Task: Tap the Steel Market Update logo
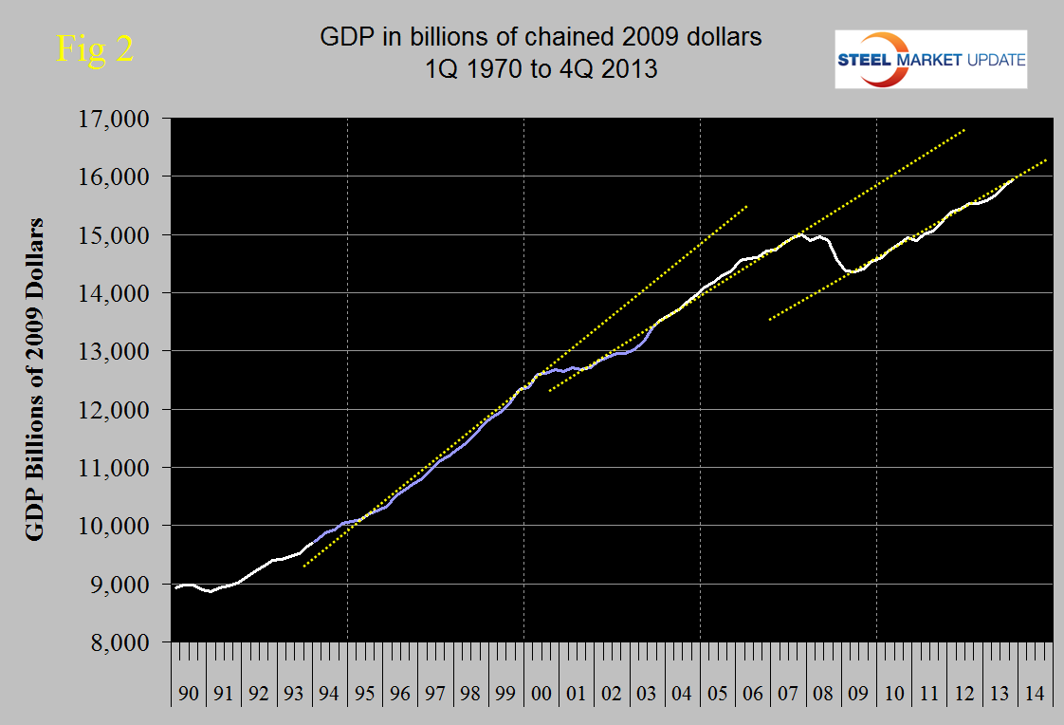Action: (930, 60)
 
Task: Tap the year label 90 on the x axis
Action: (189, 695)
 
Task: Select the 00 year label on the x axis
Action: (541, 695)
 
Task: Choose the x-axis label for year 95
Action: (365, 695)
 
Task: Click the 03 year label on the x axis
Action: (648, 695)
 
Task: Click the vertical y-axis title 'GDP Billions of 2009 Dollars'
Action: (35, 379)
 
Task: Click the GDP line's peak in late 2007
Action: (799, 233)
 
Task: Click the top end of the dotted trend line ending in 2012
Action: (965, 129)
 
